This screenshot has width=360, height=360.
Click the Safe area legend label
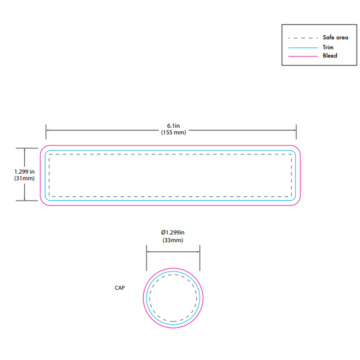pos(335,37)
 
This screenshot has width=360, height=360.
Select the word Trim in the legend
pos(328,47)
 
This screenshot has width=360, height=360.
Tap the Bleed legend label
pos(330,55)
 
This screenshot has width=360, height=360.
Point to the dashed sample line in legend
pos(303,38)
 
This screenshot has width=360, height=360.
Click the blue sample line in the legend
pos(303,48)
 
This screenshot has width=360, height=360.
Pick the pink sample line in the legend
pos(303,56)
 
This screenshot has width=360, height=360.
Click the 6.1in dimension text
pos(173,126)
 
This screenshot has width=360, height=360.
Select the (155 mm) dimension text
pos(173,133)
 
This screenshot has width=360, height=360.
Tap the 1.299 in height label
pos(24,172)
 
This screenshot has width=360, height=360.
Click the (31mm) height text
pos(24,178)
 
